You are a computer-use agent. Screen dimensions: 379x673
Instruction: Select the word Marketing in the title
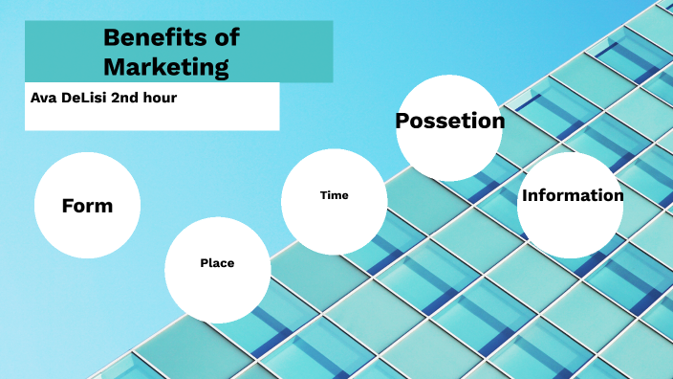pos(166,67)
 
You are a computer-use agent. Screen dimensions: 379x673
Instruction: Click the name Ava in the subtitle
pos(44,97)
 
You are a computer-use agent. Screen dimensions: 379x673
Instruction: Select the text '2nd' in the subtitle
pos(134,97)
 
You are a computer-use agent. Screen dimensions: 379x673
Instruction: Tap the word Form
pos(87,206)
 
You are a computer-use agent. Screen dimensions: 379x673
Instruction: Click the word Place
pos(217,262)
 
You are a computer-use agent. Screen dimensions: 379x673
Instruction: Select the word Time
pos(334,195)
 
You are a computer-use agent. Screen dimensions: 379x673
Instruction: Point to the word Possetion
pos(449,122)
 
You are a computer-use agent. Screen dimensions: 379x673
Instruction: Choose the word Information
pos(572,195)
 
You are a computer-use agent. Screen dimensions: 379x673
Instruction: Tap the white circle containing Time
pos(334,225)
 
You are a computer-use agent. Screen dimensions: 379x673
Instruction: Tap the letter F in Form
pos(67,206)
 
